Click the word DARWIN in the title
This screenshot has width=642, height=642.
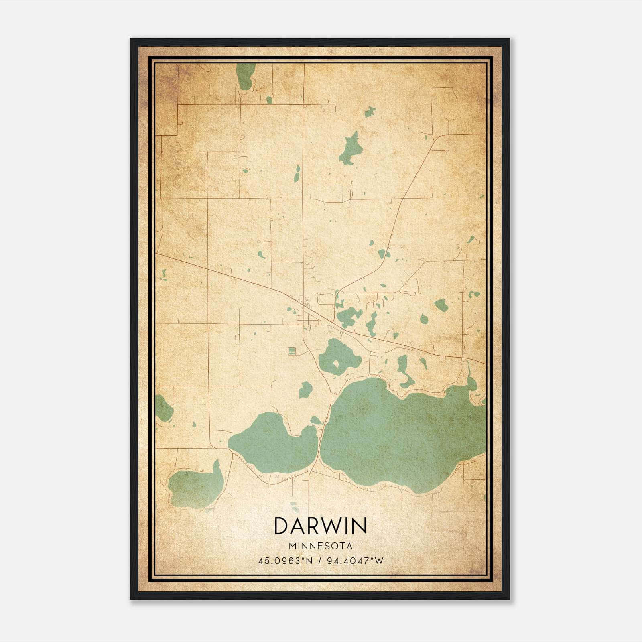tap(320, 526)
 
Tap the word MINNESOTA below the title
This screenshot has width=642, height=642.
tap(320, 546)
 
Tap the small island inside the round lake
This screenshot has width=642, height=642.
tap(335, 364)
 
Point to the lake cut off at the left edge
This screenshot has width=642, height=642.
tap(162, 408)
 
